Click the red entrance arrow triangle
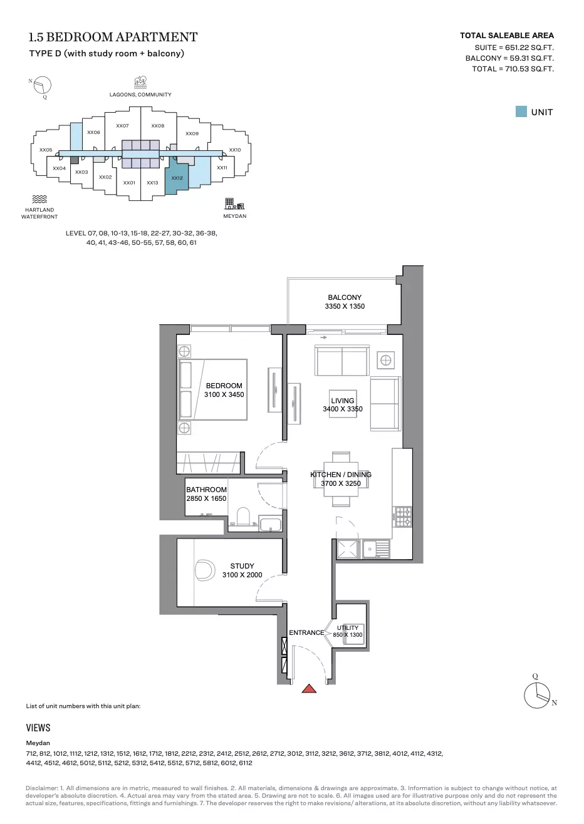[309, 689]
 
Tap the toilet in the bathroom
[243, 517]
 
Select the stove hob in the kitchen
[403, 517]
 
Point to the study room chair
[205, 570]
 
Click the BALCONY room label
[345, 297]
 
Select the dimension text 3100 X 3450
[224, 394]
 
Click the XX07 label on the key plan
[122, 126]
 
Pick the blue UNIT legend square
[521, 111]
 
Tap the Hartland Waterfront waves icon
[39, 199]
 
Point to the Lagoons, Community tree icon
[140, 83]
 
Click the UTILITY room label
[348, 627]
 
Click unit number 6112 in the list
[245, 763]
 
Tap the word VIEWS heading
[38, 728]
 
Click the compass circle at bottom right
[537, 695]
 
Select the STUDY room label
[242, 566]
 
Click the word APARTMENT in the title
[157, 37]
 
